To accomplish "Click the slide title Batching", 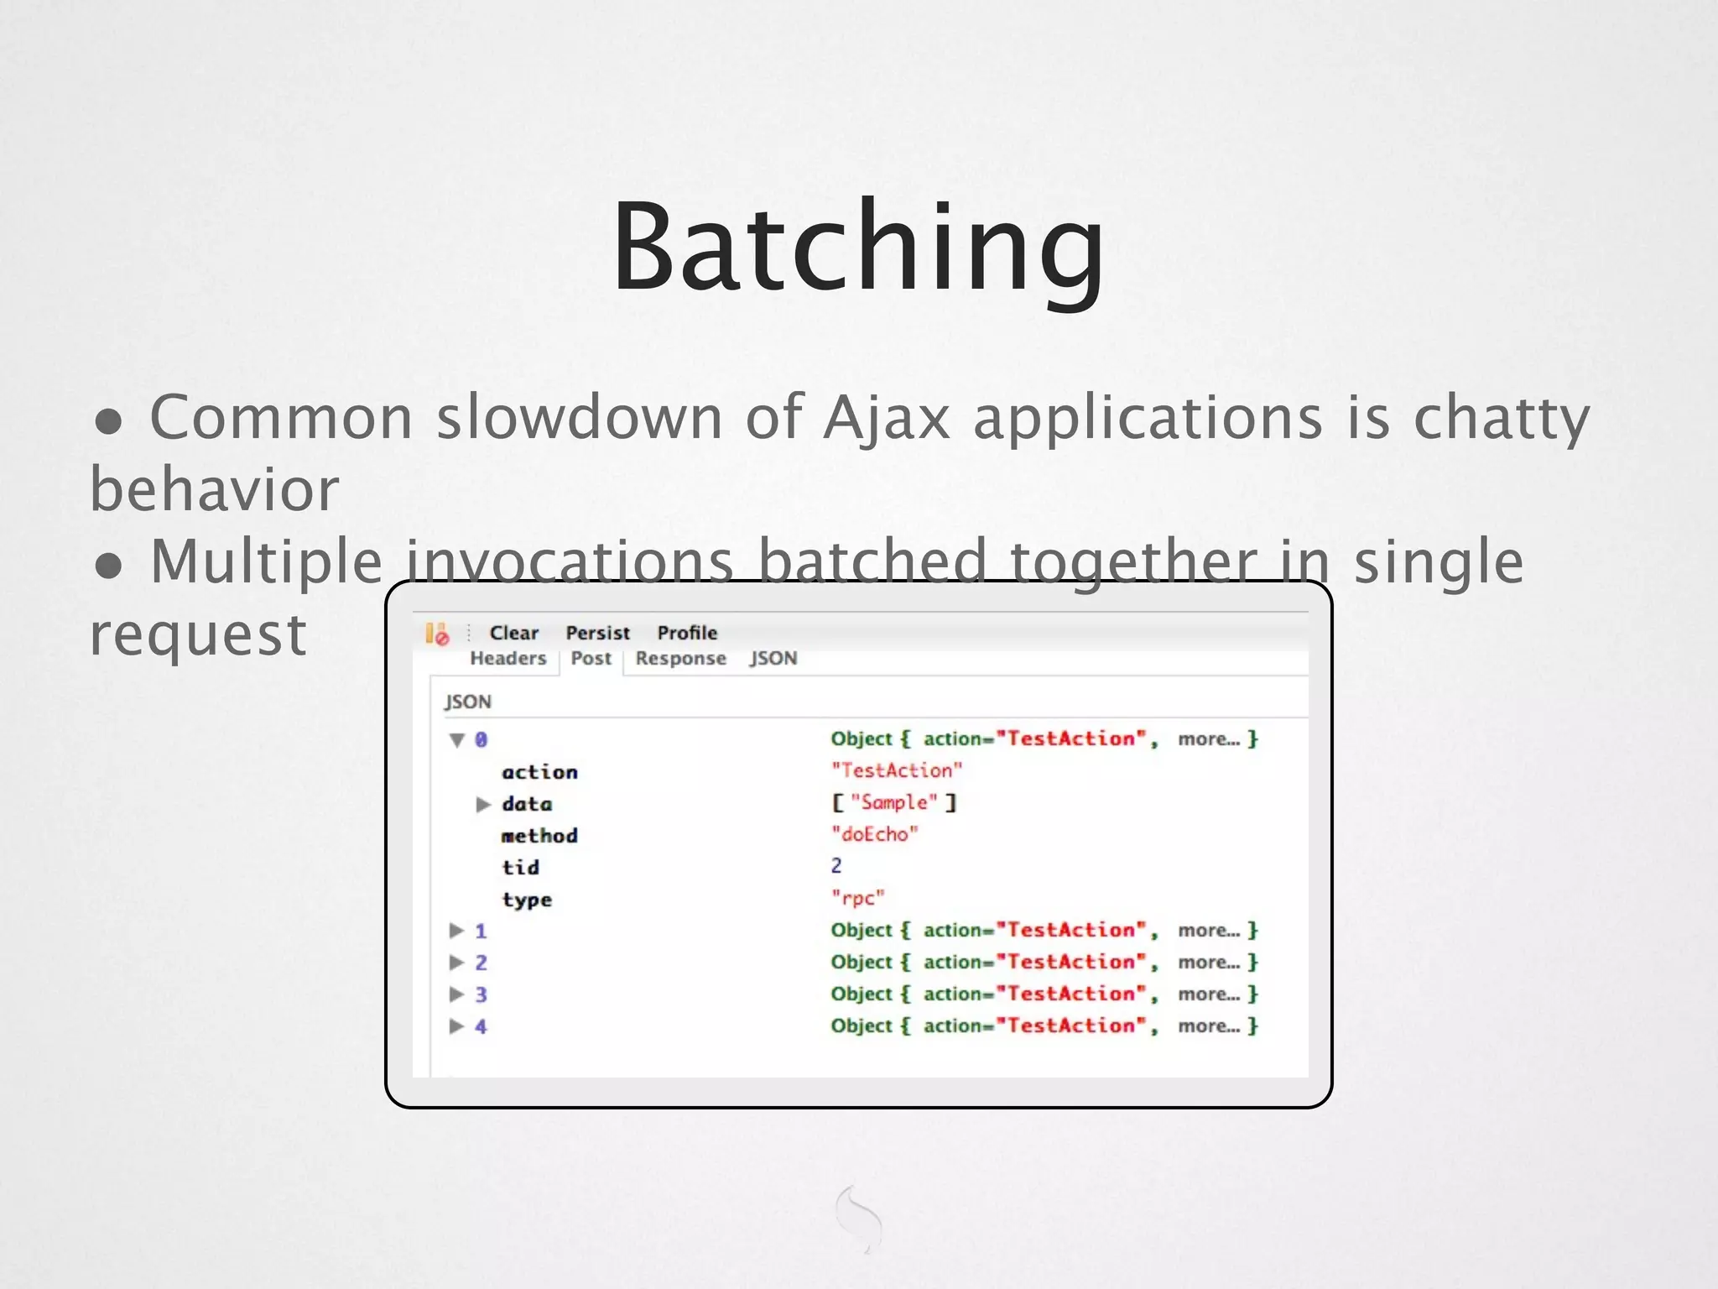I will coord(858,248).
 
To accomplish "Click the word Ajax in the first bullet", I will coord(886,417).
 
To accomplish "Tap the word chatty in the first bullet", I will coord(1501,417).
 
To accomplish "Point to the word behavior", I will coord(214,489).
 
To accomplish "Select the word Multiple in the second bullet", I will coord(266,561).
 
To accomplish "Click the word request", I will coord(198,634).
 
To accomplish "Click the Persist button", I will coord(597,633).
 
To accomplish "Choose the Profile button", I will coord(687,633).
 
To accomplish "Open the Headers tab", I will coord(508,658).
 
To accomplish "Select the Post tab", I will coord(591,658).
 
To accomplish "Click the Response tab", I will coord(680,658).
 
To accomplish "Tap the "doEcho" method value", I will coord(874,834).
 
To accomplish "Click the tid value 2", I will coord(836,866).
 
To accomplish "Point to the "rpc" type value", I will coord(857,898).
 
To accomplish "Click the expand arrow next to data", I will coord(483,804).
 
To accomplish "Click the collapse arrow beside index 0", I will coord(457,739).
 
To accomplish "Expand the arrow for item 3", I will coord(457,994).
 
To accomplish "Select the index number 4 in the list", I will coord(481,1026).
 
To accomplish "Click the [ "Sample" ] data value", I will coord(893,802).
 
